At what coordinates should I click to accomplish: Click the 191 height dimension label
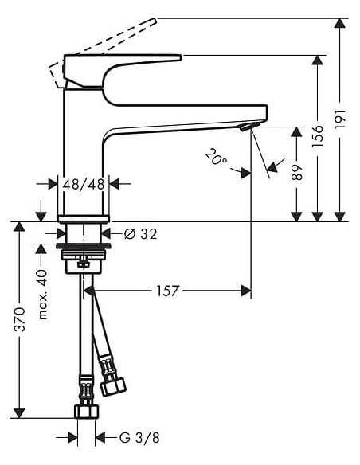(341, 119)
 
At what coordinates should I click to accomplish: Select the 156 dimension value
(319, 137)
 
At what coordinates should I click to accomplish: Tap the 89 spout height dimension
(297, 173)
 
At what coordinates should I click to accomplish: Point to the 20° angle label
(215, 157)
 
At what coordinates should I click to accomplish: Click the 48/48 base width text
(85, 184)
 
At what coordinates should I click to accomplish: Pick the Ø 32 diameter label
(141, 233)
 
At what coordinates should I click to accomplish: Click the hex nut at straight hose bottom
(85, 412)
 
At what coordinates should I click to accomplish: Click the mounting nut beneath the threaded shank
(84, 263)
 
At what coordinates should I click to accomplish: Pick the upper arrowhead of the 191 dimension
(341, 23)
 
